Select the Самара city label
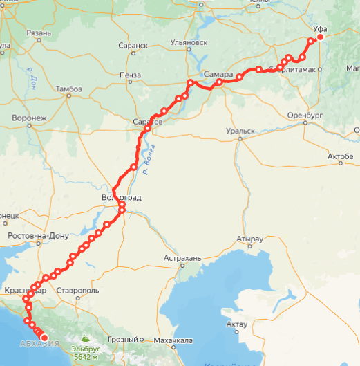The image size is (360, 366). click(218, 75)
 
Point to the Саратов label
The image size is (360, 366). click(146, 122)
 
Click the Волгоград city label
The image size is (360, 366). click(121, 197)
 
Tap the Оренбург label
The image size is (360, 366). click(305, 114)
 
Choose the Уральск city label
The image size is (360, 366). click(240, 131)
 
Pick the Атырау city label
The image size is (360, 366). click(249, 239)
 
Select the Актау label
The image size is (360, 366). click(236, 324)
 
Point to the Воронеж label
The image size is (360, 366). click(28, 118)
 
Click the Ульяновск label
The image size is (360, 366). click(189, 42)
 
